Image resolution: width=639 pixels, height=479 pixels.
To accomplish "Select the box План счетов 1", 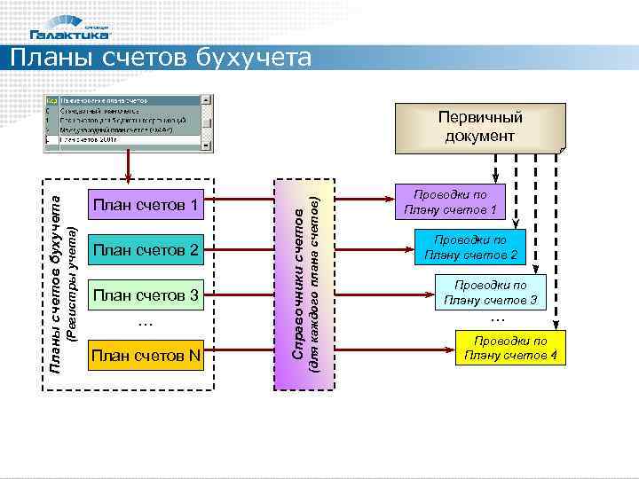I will pyautogui.click(x=146, y=207).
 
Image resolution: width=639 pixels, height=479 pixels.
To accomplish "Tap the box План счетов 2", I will pyautogui.click(x=146, y=250).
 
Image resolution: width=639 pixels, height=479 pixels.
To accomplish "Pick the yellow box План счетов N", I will pyautogui.click(x=146, y=356).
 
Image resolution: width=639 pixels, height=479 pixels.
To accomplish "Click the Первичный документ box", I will pyautogui.click(x=480, y=127).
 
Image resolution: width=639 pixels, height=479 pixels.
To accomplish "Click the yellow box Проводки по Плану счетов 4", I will pyautogui.click(x=510, y=348).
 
